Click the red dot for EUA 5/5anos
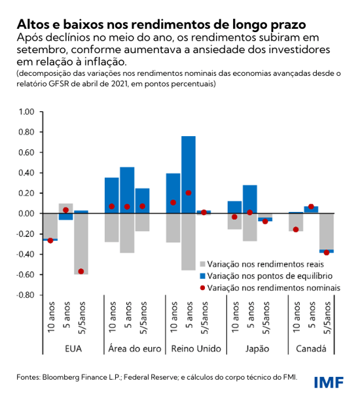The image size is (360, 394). (x=81, y=271)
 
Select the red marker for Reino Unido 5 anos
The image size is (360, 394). (x=189, y=193)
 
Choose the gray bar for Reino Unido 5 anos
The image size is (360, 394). (x=188, y=242)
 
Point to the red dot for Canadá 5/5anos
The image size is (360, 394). (x=327, y=252)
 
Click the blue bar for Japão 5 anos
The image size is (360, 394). (x=249, y=199)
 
